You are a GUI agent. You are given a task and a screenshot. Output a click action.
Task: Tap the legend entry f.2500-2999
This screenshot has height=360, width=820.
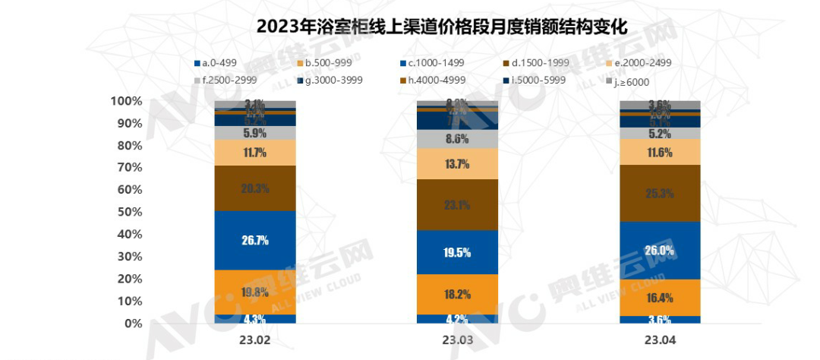coord(225,80)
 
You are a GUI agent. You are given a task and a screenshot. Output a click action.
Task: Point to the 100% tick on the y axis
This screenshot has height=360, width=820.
coord(126,101)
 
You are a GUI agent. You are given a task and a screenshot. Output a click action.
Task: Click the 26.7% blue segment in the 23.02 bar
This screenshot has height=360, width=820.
coord(255,240)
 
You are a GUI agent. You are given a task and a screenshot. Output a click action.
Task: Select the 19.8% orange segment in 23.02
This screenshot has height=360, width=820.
coord(255,292)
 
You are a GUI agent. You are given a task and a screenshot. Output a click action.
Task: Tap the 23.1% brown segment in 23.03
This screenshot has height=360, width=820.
coord(458,204)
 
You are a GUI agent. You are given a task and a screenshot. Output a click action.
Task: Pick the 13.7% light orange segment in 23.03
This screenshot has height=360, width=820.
coord(458,163)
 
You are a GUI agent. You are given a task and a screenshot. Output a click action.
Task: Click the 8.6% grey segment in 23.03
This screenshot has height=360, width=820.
coord(458,139)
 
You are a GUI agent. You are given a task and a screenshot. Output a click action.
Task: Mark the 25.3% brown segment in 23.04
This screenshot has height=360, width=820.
coord(661,193)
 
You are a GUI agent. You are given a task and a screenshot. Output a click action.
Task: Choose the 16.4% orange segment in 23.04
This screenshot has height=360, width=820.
coord(661,297)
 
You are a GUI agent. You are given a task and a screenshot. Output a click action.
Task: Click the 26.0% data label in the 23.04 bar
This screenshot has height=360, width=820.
coord(661,251)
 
